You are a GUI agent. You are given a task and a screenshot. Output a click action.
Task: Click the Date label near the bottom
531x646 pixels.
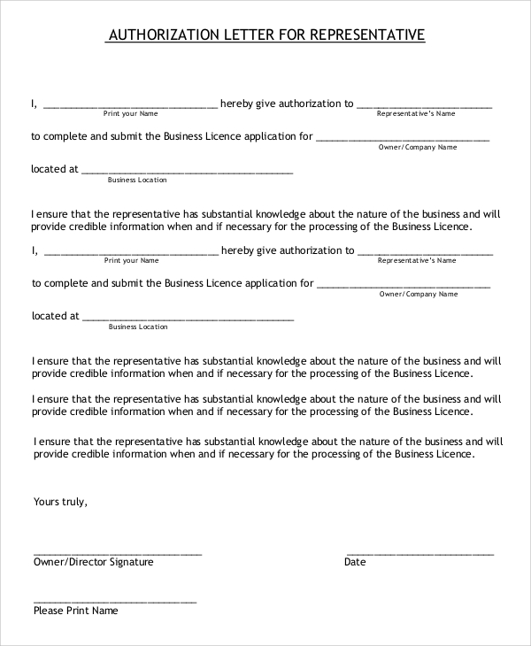[355, 562]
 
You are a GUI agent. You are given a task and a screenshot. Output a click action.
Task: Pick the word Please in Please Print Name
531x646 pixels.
[50, 611]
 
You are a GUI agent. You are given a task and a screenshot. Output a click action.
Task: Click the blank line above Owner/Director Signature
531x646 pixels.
[117, 552]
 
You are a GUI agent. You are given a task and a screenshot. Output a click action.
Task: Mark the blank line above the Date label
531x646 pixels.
[420, 552]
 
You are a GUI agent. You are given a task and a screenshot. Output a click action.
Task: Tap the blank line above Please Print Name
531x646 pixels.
[115, 601]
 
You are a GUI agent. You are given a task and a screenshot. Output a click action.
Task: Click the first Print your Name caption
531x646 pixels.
[131, 114]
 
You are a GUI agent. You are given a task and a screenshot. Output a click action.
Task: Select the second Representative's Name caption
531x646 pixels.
[417, 261]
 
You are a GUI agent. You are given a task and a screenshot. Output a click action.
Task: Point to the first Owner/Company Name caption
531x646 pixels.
[418, 147]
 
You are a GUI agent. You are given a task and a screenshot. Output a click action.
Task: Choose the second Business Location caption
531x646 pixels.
[138, 327]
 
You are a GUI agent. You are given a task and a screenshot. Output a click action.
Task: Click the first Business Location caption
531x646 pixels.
[137, 180]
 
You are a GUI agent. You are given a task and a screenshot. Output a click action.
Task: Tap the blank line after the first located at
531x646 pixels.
[187, 171]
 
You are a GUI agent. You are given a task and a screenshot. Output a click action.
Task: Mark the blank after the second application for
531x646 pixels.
[403, 286]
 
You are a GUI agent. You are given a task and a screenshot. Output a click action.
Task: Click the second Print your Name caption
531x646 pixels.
[132, 261]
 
